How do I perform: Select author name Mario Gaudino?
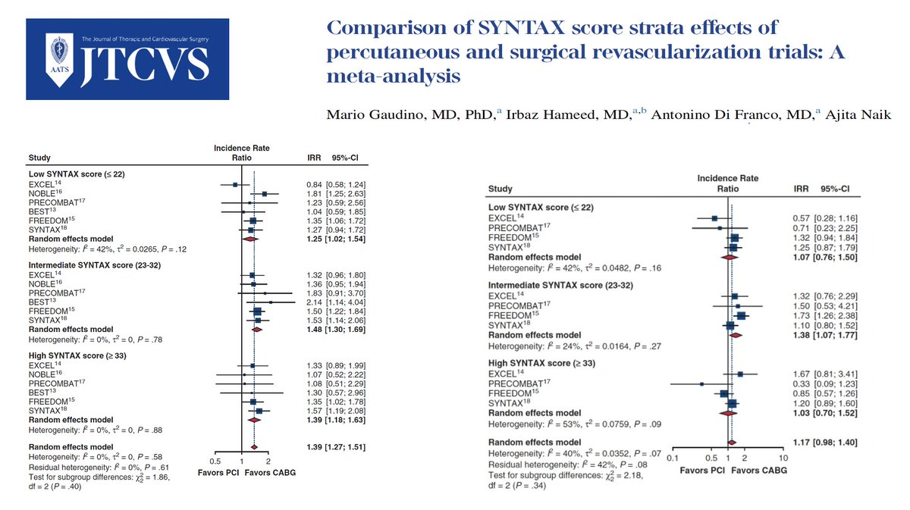pyautogui.click(x=394, y=114)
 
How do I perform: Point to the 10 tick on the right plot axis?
pyautogui.click(x=783, y=458)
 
